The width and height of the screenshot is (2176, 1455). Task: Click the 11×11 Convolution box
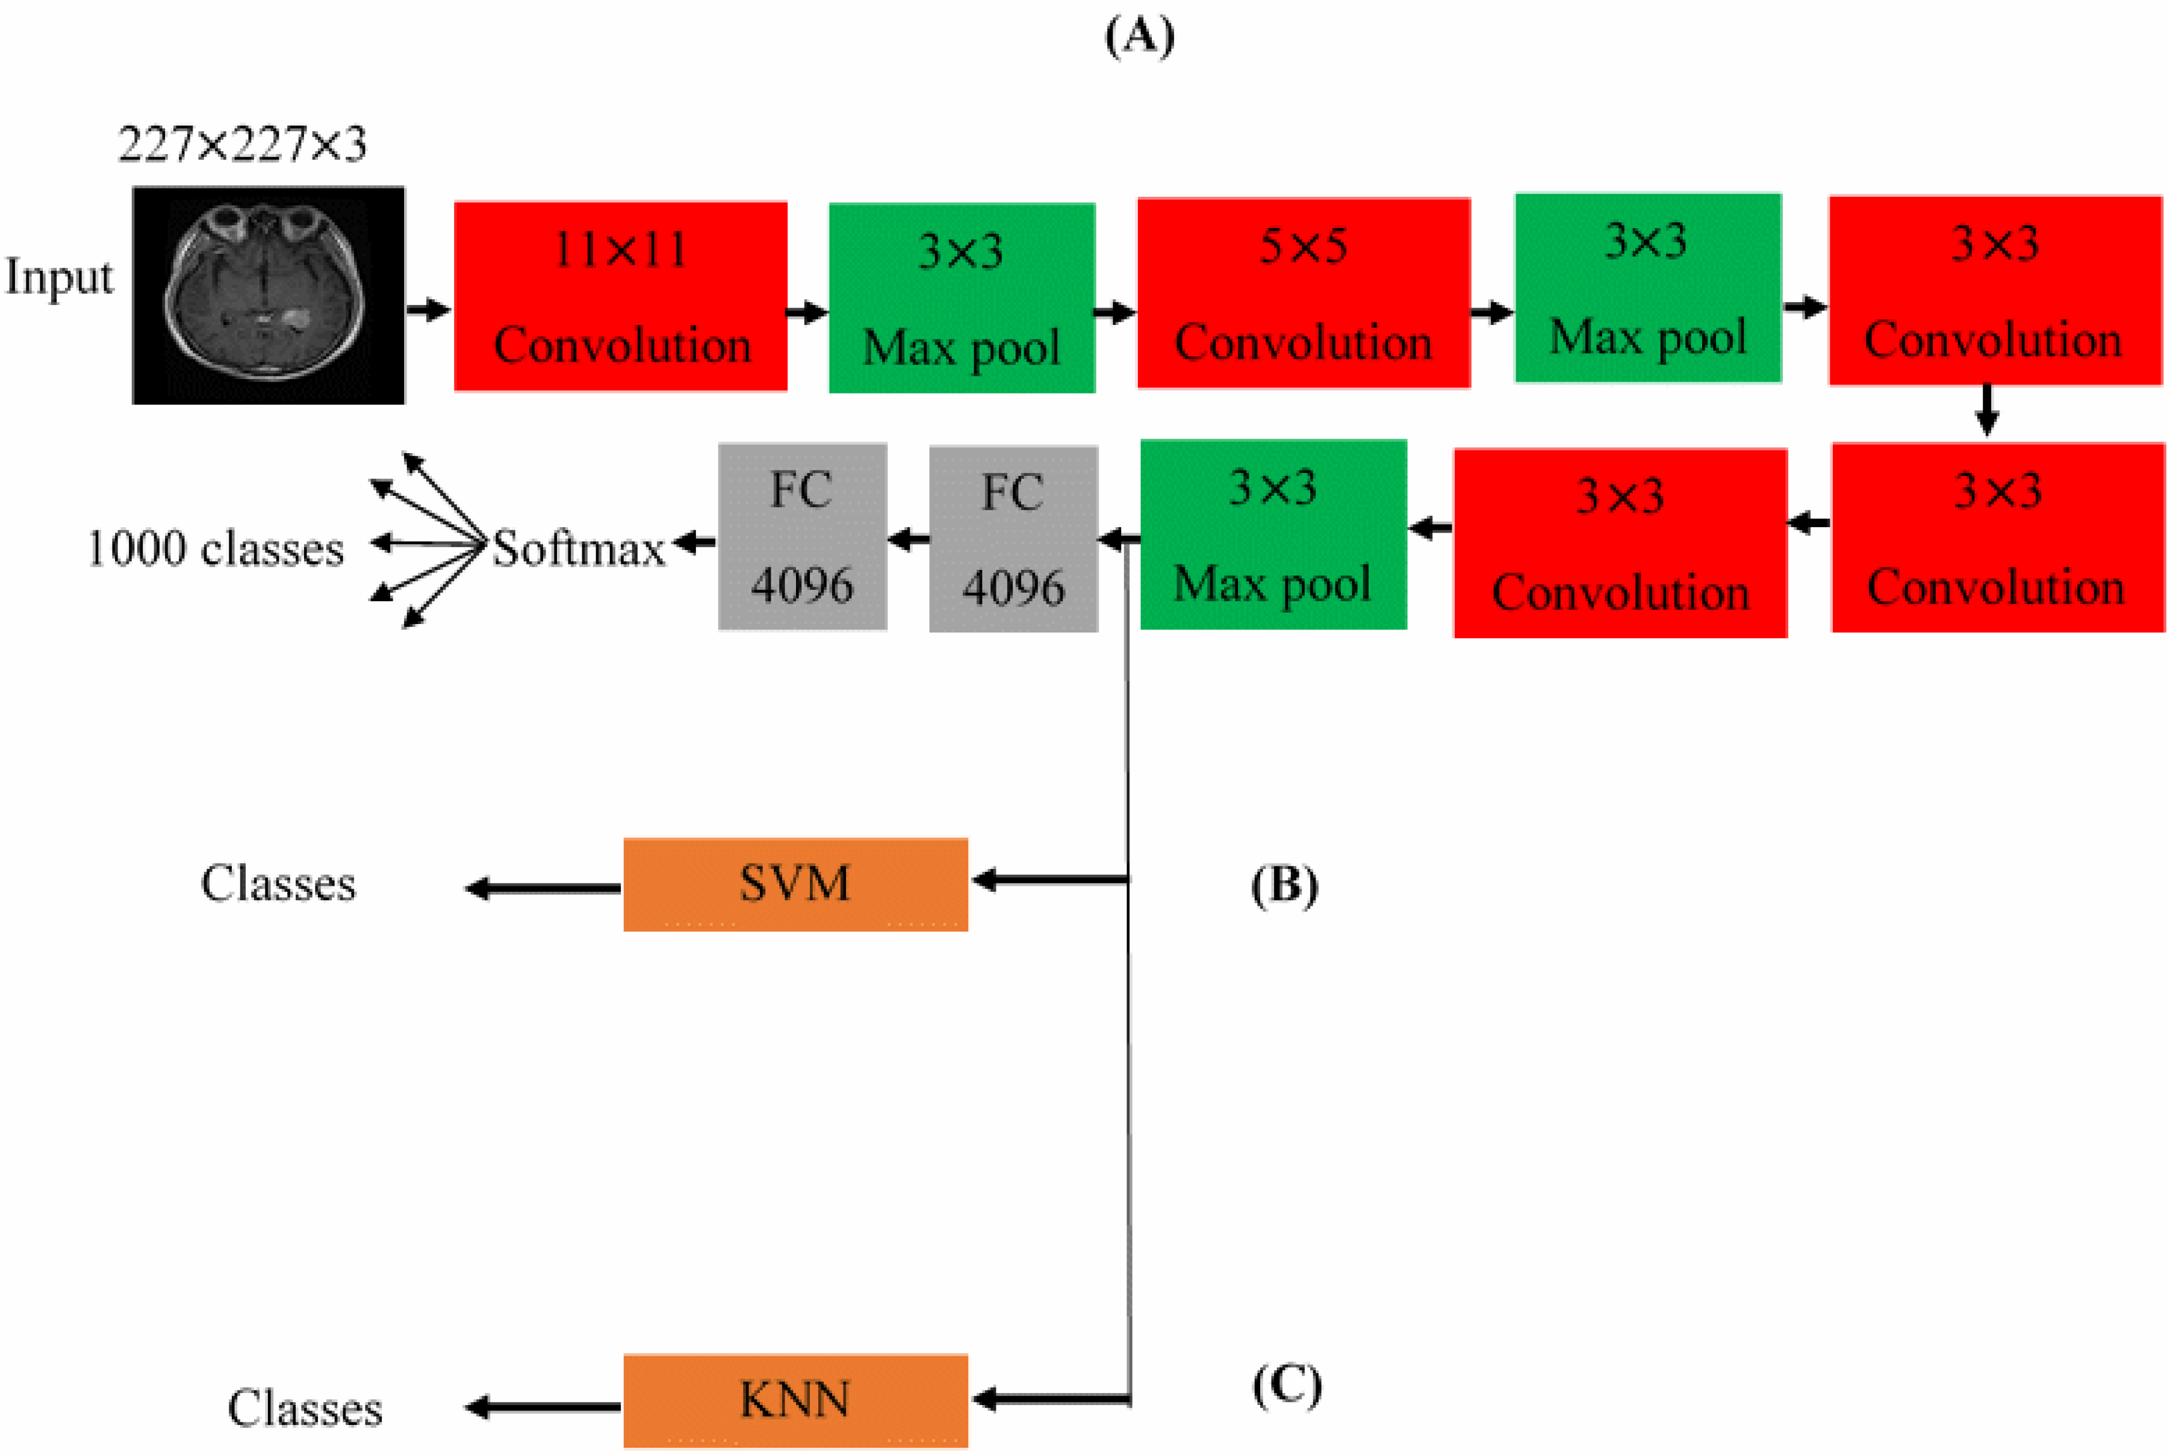620,296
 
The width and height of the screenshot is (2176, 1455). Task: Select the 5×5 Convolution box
1304,292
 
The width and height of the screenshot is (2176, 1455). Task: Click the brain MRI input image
269,295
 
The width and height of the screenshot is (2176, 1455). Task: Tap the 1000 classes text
216,548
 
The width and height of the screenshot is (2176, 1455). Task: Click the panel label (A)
1139,37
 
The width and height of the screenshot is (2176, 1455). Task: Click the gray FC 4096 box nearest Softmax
802,537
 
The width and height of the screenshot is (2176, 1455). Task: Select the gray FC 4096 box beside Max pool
1013,539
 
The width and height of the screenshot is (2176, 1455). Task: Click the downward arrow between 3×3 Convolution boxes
1986,410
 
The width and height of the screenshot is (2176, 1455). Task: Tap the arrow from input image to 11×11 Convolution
428,309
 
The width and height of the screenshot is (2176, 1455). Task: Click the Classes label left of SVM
279,883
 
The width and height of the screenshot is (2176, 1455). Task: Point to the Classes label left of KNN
305,1409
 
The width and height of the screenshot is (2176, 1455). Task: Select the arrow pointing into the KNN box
1049,1398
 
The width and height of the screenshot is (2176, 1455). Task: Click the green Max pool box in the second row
1273,534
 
